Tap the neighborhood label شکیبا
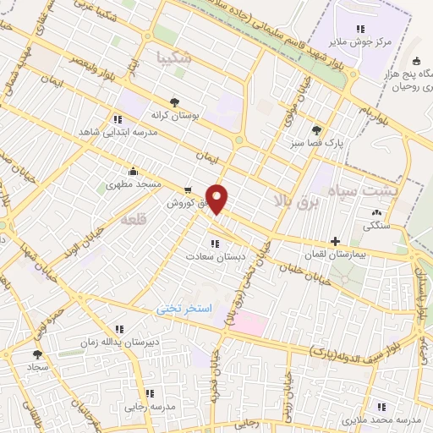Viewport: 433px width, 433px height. coord(175,58)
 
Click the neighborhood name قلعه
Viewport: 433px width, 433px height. coord(134,219)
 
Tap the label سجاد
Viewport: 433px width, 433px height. coord(38,369)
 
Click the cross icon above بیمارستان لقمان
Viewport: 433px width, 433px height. coord(336,241)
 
